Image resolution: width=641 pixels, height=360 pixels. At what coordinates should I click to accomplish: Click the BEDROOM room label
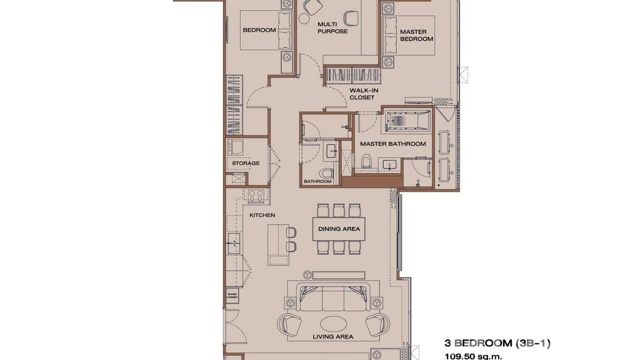tap(259, 30)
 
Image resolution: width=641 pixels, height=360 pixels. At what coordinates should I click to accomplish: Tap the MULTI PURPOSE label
tap(332, 28)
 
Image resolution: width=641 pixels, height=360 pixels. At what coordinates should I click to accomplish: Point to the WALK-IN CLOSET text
tap(362, 94)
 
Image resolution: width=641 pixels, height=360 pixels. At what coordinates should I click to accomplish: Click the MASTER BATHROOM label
tap(393, 144)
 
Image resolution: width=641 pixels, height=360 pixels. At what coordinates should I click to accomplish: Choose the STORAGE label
tap(246, 163)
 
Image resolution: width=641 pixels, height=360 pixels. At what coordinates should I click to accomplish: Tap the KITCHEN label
tap(262, 215)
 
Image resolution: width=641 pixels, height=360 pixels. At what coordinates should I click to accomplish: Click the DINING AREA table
tap(339, 229)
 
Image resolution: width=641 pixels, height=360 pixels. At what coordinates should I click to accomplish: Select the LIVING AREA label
tap(333, 337)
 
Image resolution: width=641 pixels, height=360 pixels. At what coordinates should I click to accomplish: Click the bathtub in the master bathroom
tap(407, 121)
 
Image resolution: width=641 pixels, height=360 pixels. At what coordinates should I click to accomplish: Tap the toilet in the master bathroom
tap(366, 161)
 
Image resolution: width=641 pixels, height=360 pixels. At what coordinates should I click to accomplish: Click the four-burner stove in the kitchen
tap(256, 195)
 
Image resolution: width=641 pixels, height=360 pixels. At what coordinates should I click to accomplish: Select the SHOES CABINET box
tap(232, 296)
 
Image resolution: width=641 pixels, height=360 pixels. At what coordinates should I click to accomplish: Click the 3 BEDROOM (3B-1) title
tap(497, 343)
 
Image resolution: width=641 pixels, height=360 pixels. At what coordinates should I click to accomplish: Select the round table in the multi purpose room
tap(304, 19)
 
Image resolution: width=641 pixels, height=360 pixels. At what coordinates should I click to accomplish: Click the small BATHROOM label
tap(317, 181)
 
